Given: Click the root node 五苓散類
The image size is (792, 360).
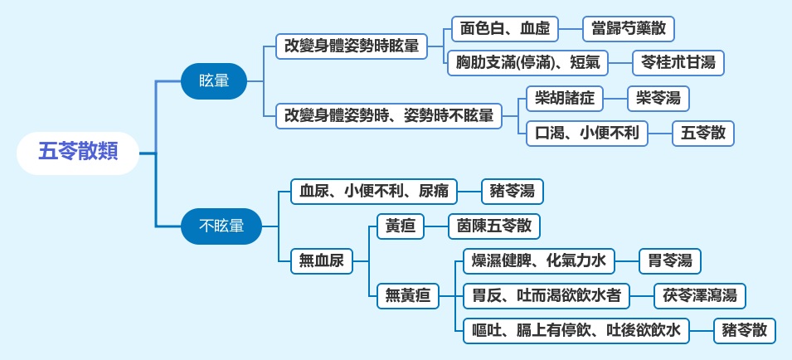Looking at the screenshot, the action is point(78,153).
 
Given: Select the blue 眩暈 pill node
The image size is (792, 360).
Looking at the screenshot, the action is point(214,80).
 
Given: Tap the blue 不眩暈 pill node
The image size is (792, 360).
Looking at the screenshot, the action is point(221,226).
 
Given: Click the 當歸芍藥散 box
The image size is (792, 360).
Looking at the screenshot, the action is point(629,29).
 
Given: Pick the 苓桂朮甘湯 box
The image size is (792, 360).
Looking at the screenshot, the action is point(678,63).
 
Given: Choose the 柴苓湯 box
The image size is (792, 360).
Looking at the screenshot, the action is point(658,99).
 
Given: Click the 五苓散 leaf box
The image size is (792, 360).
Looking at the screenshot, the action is point(703,134).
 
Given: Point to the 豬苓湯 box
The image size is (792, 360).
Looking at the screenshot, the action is point(513,192).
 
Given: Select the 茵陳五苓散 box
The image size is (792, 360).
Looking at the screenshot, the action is point(494,226).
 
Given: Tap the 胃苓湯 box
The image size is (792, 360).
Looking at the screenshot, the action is point(670,261).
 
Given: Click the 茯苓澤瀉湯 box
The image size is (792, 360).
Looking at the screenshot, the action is point(700,296).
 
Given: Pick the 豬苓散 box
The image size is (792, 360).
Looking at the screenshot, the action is point(745,331).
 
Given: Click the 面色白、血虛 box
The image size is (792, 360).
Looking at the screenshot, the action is point(505,29).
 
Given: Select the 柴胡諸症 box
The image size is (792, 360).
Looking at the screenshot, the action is point(565,99).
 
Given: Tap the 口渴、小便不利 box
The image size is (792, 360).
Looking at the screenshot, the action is point(587,134).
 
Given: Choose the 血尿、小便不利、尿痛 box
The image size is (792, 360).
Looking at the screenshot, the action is point(374,192).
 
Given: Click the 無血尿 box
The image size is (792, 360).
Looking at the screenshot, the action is point(322,261).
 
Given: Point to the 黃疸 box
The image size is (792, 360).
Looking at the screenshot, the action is point(401,226).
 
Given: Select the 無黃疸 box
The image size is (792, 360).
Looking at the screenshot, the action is point(408,296).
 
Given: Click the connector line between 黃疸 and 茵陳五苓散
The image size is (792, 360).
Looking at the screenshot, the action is point(436,226).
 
